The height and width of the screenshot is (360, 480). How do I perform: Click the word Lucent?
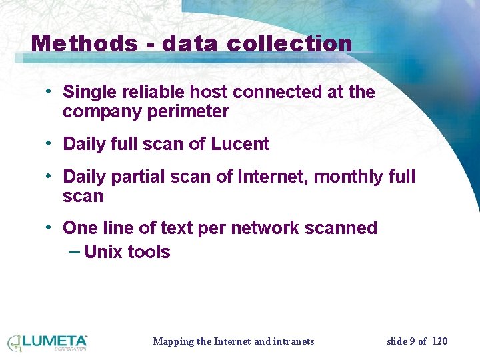240,144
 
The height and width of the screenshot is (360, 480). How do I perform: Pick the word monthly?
350,177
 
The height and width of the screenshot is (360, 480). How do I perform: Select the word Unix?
104,252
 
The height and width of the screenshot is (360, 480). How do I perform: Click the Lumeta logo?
48,343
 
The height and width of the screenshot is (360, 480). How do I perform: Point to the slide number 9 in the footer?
413,341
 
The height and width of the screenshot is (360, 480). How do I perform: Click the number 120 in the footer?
439,341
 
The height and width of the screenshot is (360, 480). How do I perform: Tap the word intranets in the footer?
294,341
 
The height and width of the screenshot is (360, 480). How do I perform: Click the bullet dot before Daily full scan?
49,143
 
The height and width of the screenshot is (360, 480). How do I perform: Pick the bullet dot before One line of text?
49,227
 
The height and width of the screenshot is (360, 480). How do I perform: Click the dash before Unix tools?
74,252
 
